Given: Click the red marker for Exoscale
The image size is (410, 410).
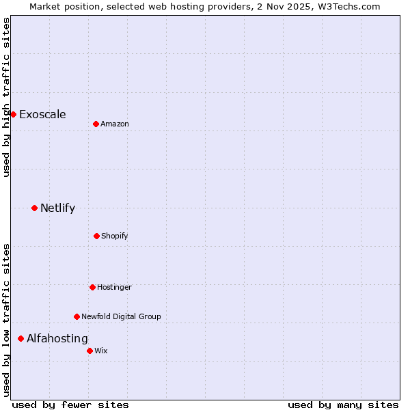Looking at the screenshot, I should pos(13,114).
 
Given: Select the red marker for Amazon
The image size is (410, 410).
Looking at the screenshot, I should pos(96,124).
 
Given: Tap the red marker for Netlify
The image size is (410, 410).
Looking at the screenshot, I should pos(34,208).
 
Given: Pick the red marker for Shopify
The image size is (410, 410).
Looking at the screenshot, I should pos(96,236).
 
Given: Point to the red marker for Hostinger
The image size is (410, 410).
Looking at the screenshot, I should pos(92,287).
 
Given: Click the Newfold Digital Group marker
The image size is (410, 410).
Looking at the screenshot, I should pos(77,316).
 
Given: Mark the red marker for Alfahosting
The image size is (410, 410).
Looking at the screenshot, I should pos(20,338).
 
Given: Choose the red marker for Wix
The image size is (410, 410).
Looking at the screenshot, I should pos(90,351).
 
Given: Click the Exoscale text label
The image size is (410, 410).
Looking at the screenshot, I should pos(42,114).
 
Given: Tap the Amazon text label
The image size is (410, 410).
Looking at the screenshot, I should pos(115,124).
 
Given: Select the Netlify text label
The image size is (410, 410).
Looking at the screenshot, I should pos(57,208).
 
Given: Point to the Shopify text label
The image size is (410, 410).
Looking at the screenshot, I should pos(115,236).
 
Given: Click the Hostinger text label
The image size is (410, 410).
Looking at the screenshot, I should pos(114,287).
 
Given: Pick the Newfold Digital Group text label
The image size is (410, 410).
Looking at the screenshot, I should pos(121,316).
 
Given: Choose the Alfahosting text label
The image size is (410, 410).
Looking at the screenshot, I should pos(57,338).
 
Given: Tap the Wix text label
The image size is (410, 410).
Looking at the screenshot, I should pos(101,351).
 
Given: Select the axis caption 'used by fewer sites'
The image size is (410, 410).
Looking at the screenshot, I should pos(70,405).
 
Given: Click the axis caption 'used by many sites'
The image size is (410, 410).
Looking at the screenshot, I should pos(343,405).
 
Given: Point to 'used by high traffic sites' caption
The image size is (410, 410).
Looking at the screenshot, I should pos(6,97).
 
